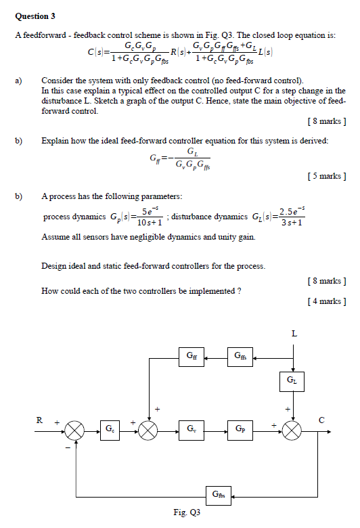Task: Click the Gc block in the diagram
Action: tap(110, 428)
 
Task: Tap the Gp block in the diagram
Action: tap(241, 428)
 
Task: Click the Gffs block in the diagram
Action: tap(240, 355)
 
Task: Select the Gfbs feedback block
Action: tap(217, 494)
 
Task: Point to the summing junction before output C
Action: tap(293, 429)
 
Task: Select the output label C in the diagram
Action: tap(322, 420)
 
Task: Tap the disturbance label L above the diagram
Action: tap(294, 333)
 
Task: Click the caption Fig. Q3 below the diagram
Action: tap(187, 513)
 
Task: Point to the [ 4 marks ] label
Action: tap(325, 301)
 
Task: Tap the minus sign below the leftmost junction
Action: tap(67, 447)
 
